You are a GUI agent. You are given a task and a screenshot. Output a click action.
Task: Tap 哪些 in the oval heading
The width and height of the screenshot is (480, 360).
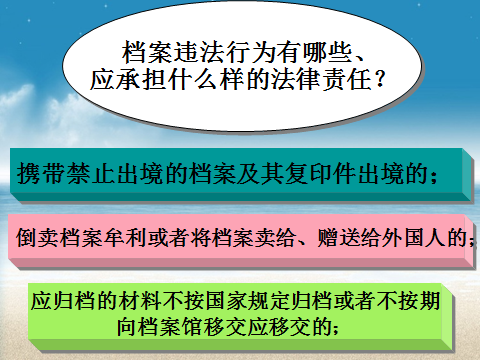point(328,53)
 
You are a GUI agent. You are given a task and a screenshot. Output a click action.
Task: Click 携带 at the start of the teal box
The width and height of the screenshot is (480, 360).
point(41,174)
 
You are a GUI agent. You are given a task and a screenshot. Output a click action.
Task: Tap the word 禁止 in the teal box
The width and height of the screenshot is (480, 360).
point(89,174)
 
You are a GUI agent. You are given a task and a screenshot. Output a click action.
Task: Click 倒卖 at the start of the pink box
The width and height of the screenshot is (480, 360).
point(37,238)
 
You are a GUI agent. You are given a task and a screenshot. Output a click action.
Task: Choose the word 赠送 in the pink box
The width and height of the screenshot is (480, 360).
point(338,238)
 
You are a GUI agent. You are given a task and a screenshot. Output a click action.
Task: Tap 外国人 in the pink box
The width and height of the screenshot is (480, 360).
point(414,238)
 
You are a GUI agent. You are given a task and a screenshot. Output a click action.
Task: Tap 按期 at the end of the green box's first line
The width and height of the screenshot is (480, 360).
point(419,300)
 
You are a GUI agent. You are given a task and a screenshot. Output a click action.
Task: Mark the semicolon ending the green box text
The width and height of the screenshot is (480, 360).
point(336,329)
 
